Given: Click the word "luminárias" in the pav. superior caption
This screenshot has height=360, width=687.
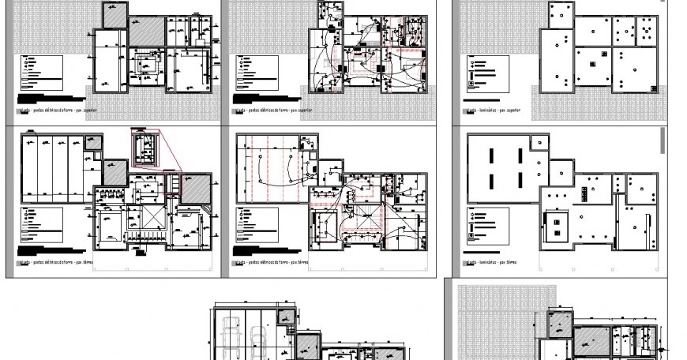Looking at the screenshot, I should [484, 110].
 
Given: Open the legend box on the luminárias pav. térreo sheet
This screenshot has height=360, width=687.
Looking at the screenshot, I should [486, 224].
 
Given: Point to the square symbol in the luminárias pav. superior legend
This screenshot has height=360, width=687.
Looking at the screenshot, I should [471, 84].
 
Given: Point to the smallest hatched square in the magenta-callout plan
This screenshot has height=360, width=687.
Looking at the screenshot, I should [92, 144].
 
